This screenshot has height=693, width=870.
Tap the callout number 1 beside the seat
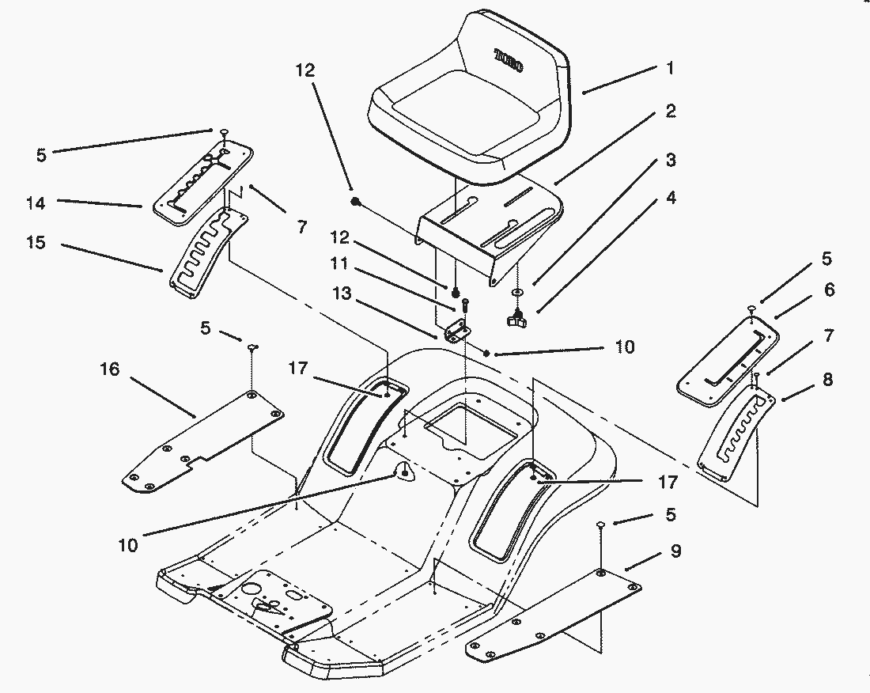670,69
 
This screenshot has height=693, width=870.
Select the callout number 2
670,112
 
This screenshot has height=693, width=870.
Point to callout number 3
670,161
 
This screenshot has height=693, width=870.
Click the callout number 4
670,198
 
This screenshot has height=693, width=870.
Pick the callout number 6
828,290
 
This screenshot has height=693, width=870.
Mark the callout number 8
828,379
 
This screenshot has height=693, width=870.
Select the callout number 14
36,203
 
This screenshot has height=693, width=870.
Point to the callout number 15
36,244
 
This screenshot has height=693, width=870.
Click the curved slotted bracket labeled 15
202,253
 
